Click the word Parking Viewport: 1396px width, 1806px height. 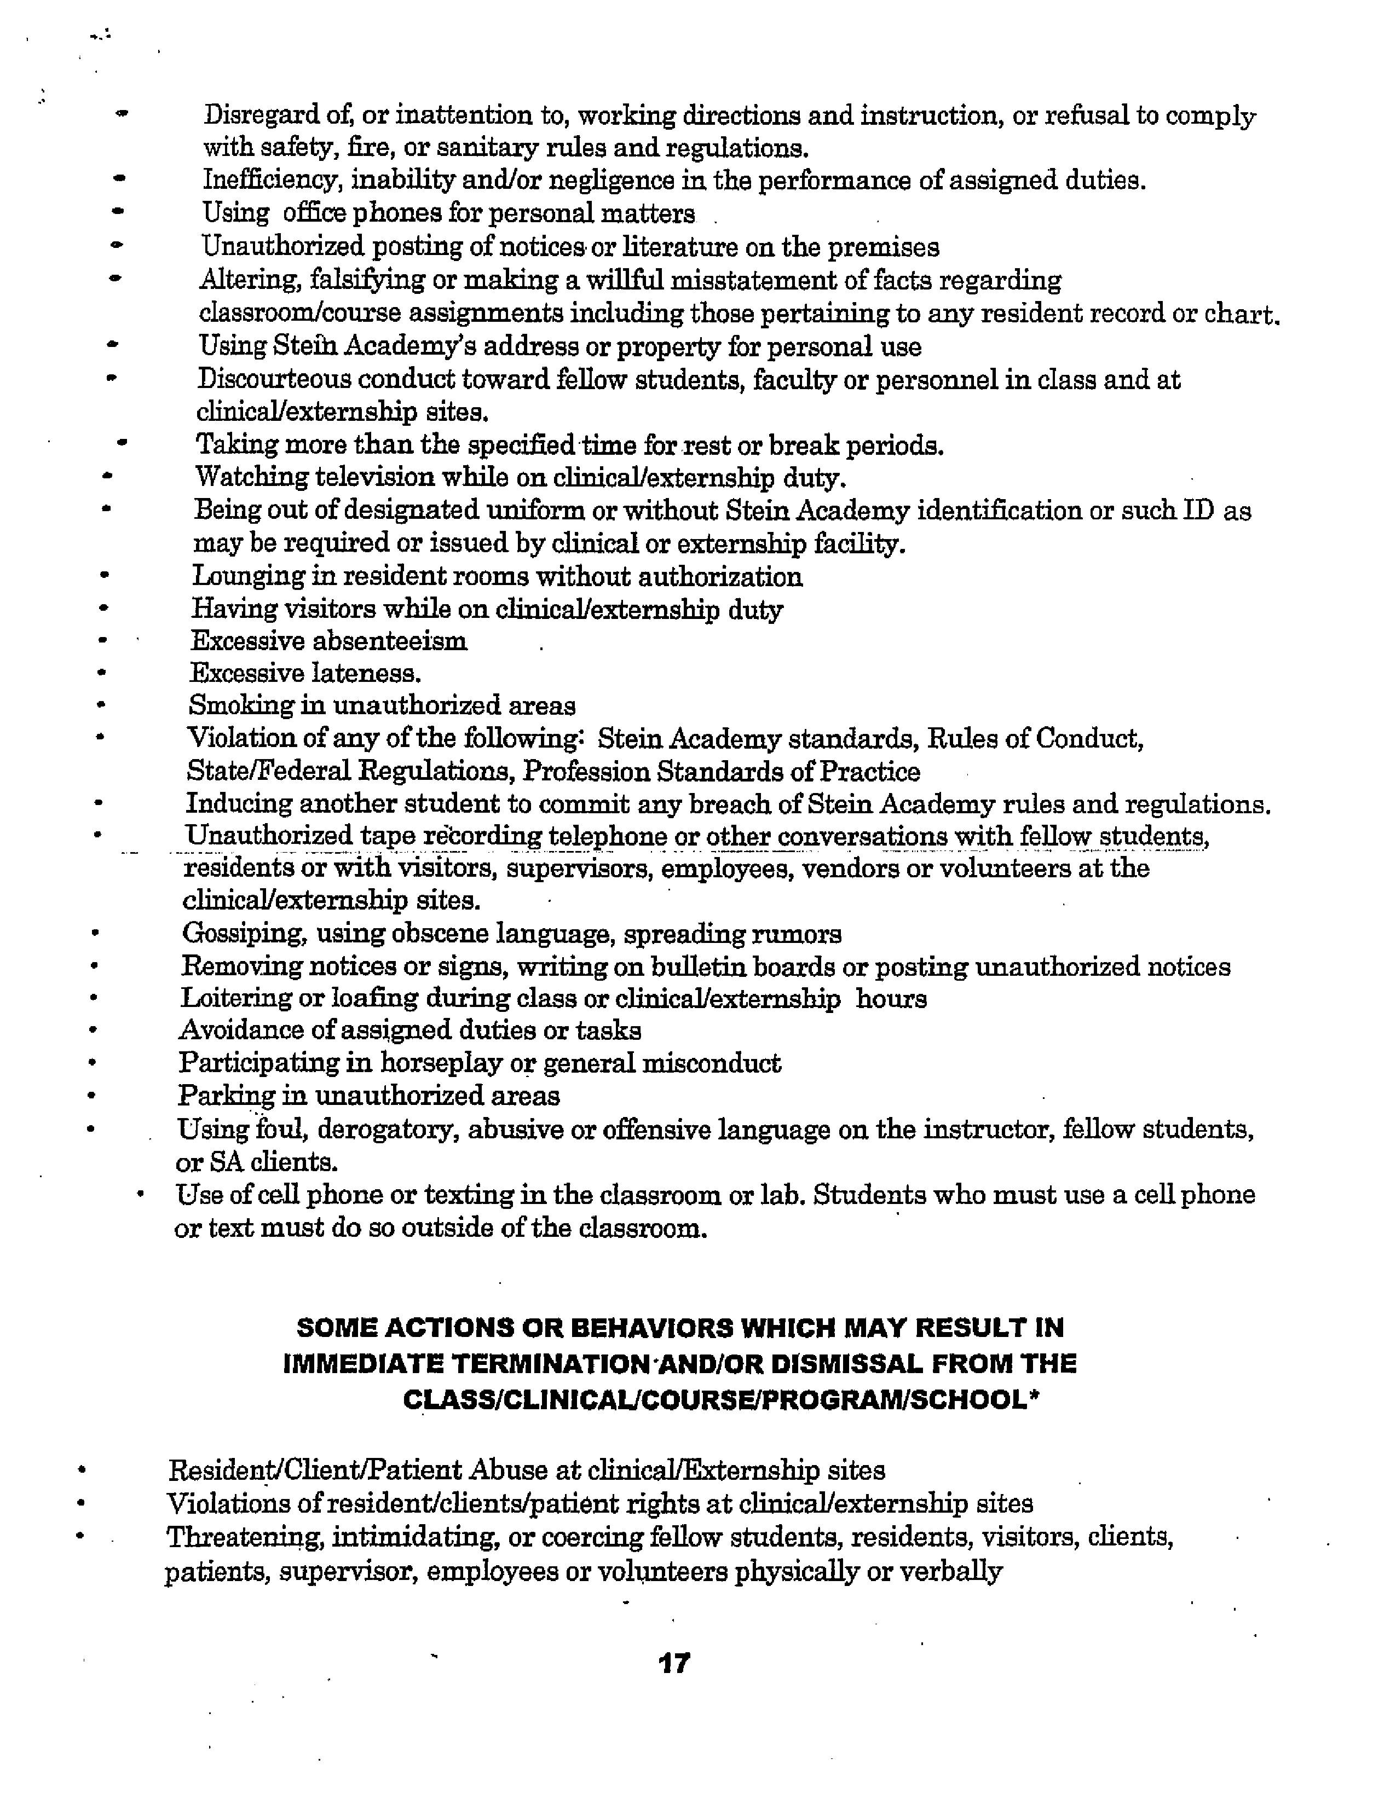[226, 1097]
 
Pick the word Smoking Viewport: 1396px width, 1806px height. [234, 705]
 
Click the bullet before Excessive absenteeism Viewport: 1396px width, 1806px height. [102, 640]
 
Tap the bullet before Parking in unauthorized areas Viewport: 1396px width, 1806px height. [91, 1097]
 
